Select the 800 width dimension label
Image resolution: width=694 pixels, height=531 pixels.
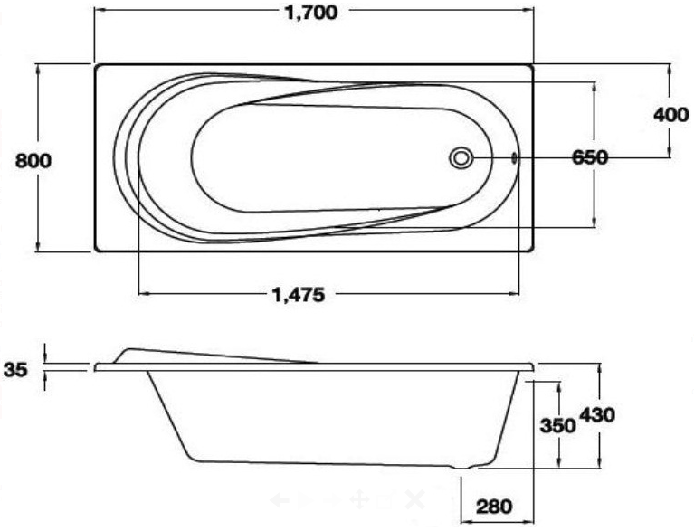coord(34,160)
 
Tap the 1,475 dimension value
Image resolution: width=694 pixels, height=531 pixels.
coord(299,293)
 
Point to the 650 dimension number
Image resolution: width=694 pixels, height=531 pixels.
coord(589,157)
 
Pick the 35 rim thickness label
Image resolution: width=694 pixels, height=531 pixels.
coord(16,368)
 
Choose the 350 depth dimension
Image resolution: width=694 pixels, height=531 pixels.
coord(558,425)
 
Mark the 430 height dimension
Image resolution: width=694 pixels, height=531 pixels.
coord(597,415)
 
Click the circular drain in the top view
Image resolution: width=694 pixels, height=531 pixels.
coord(461,157)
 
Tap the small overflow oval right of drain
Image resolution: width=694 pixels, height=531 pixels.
coord(514,157)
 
